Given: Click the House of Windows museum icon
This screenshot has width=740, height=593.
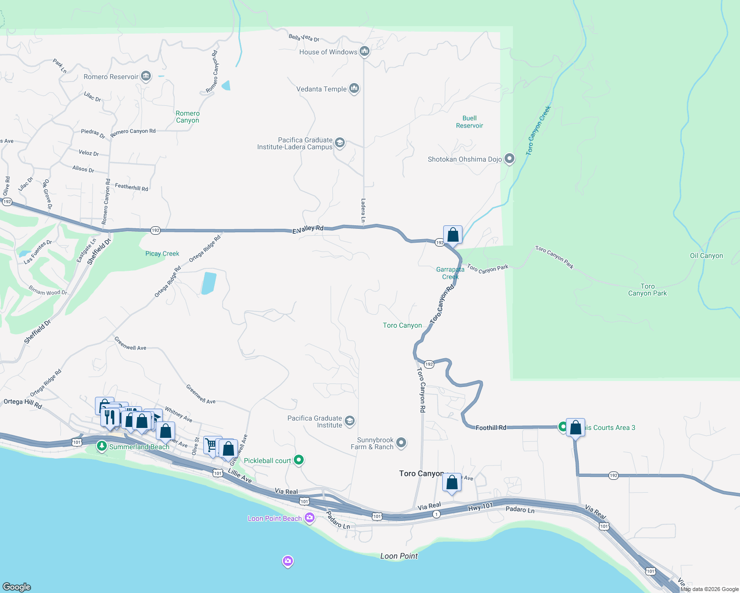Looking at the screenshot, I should (x=365, y=51).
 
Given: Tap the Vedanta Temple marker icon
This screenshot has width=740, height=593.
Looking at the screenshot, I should (x=354, y=88).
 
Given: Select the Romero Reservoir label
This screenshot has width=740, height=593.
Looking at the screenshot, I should (x=111, y=77).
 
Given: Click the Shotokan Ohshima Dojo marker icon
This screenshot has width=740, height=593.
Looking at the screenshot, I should (x=509, y=159).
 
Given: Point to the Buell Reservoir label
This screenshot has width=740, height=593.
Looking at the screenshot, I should (x=469, y=122).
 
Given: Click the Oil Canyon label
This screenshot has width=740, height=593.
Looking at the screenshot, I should (x=706, y=255).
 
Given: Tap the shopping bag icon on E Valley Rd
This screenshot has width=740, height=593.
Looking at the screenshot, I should (x=453, y=235).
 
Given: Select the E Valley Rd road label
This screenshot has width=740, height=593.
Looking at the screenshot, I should (x=308, y=229).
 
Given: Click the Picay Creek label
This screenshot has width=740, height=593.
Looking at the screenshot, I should (x=162, y=254).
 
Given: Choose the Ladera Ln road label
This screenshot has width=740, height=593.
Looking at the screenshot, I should (x=363, y=211).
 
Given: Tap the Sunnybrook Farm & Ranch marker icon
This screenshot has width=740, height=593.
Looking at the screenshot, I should (x=401, y=443).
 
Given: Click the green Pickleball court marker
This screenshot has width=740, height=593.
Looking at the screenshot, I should (x=298, y=460).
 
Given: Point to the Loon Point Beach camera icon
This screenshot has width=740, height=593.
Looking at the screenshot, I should (x=310, y=518).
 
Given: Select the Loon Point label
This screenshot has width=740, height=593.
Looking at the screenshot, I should (x=399, y=556).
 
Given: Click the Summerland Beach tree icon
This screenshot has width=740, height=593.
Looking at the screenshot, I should (x=102, y=446).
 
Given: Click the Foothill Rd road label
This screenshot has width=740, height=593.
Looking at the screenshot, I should (x=491, y=427).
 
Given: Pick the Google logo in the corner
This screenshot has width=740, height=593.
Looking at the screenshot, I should (x=17, y=587).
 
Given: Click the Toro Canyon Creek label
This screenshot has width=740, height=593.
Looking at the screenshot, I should (x=538, y=131).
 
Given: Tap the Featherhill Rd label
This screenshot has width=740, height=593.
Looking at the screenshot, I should (x=131, y=187).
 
